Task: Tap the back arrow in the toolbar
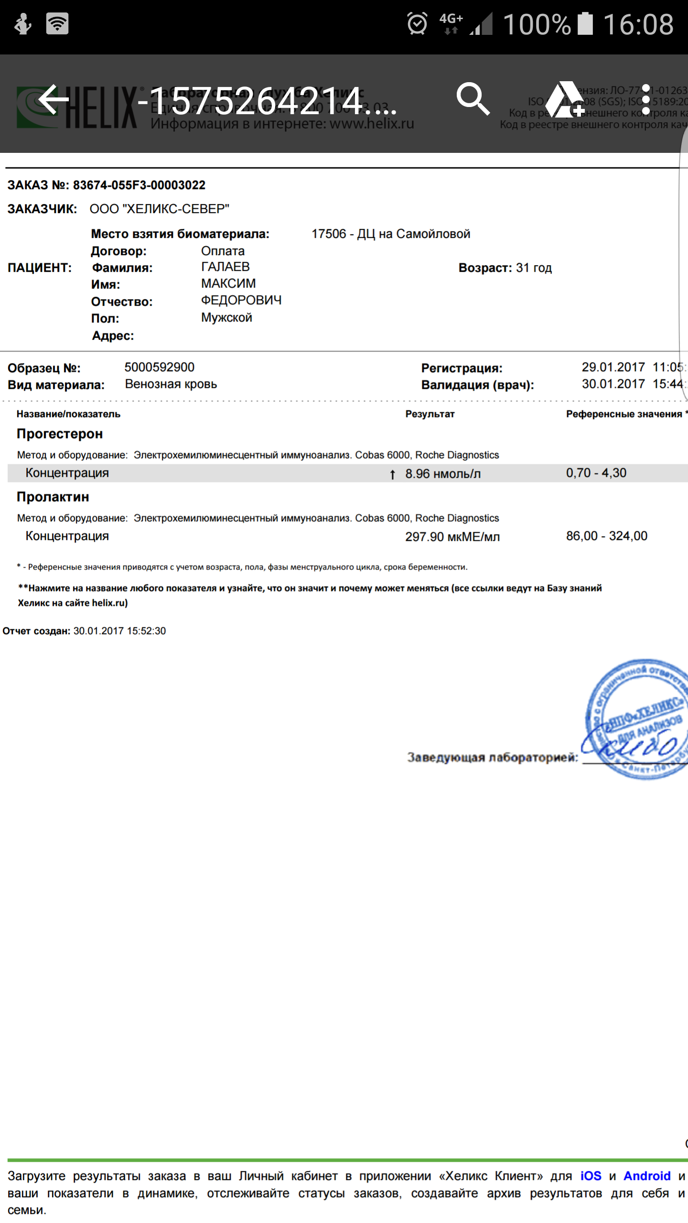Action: [x=54, y=99]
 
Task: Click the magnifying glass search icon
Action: [x=473, y=99]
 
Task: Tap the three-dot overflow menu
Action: [x=645, y=99]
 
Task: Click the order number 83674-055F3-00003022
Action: [x=139, y=185]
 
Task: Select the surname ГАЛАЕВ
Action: [x=225, y=267]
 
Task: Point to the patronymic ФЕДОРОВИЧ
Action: [x=241, y=300]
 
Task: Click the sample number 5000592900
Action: [x=159, y=367]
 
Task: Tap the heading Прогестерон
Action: [x=60, y=434]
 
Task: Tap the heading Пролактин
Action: [x=53, y=497]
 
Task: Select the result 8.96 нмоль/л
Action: [x=443, y=473]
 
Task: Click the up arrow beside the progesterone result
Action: [x=392, y=474]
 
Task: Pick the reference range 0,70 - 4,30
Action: [x=596, y=473]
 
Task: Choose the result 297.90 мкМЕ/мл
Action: [x=452, y=536]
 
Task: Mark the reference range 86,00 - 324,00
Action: [x=606, y=536]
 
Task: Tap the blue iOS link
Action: [x=591, y=1176]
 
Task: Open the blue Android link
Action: [x=647, y=1176]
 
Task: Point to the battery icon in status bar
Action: [x=585, y=24]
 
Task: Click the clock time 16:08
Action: [x=638, y=24]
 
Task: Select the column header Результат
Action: [x=430, y=414]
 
